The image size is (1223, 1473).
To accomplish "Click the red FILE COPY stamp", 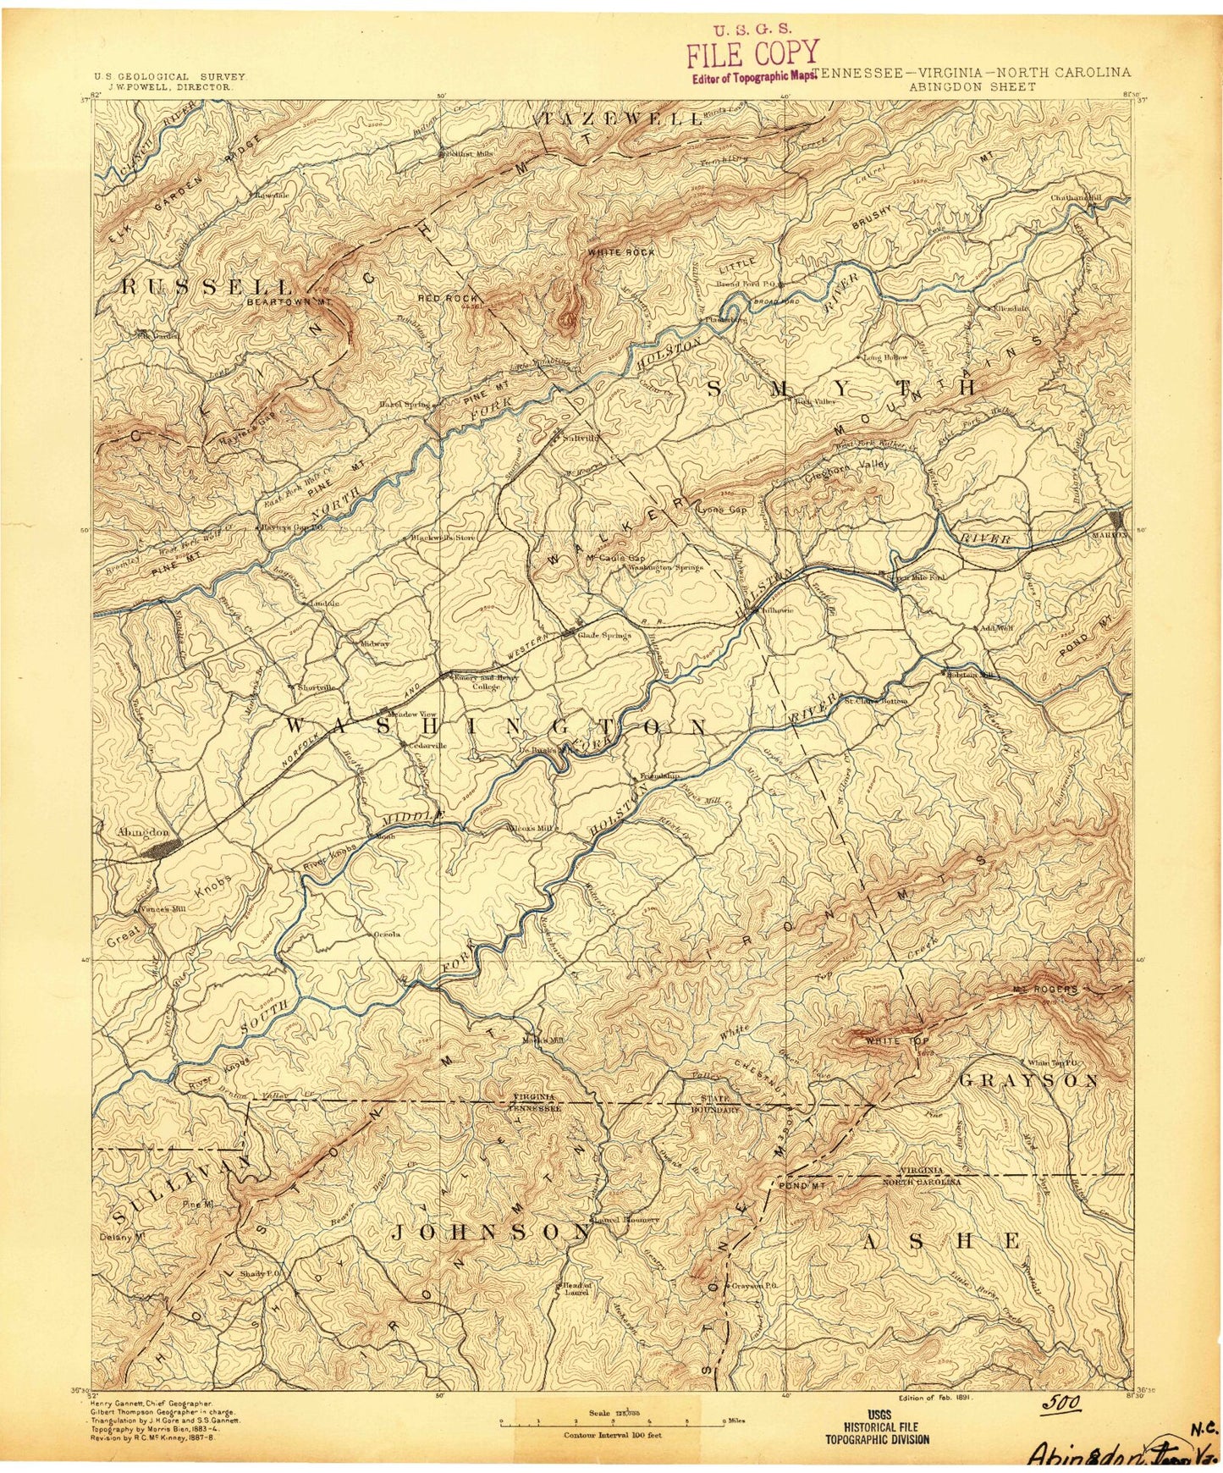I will point(752,53).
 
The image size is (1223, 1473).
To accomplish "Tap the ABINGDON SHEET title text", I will point(972,86).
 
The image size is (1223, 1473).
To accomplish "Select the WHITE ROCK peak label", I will point(621,252).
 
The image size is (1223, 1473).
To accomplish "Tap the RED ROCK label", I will point(448,298).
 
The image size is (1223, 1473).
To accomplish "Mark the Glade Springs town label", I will point(603,635).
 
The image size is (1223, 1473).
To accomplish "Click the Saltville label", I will point(581,439).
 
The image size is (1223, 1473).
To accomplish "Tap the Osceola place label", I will point(387,935).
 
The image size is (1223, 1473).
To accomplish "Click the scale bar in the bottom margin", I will point(614,1423).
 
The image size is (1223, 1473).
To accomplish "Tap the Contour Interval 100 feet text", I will point(613,1435).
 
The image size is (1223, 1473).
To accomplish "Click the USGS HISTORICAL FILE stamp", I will point(878,1426).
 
